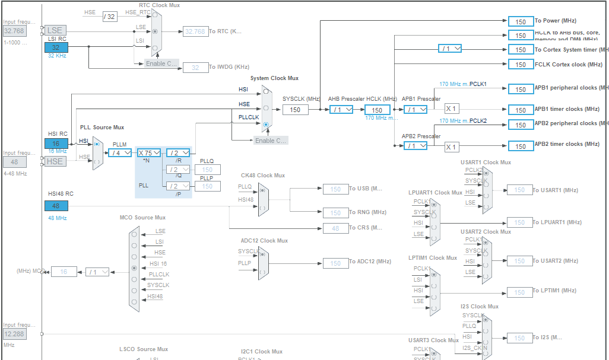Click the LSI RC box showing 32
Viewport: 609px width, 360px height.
coord(56,47)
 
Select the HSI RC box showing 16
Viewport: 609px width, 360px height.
coord(56,144)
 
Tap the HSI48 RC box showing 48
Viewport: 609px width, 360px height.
coord(56,206)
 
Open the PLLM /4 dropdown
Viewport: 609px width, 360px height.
coord(120,152)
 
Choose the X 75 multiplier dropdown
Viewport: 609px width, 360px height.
coord(149,152)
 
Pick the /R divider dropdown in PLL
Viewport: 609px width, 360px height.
coord(178,152)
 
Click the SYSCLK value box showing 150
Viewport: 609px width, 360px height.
coord(295,110)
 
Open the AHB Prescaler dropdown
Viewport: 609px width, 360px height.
coord(341,110)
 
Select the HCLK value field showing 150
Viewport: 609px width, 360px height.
coord(377,110)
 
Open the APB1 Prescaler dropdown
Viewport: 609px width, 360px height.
coord(415,109)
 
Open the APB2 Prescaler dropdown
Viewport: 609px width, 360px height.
coord(415,146)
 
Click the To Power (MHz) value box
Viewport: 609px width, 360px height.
coord(521,21)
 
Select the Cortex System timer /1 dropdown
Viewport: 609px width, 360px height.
coord(453,49)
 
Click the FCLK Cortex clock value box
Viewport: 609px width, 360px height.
coord(521,65)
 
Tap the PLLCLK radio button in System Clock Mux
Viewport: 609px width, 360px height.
coord(265,125)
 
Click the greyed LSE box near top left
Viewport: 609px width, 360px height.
coord(55,30)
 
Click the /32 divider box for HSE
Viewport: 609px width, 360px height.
coord(109,16)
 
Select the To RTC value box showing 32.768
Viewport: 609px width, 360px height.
coord(195,31)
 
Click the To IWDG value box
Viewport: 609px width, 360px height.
coord(195,68)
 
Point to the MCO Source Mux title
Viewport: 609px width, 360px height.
coord(142,218)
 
